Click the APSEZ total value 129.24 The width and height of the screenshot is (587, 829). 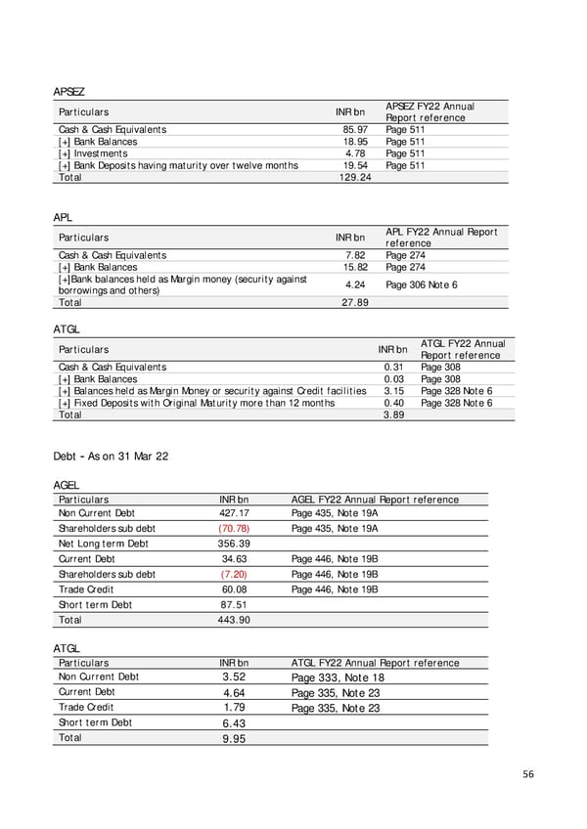click(352, 178)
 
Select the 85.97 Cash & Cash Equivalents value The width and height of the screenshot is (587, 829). click(354, 129)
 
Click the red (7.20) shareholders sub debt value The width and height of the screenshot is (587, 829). click(236, 574)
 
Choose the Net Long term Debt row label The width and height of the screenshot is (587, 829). click(103, 544)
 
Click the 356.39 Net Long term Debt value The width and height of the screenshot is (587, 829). click(235, 544)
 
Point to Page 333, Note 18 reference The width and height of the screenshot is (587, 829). click(338, 676)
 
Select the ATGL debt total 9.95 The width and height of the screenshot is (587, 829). click(233, 739)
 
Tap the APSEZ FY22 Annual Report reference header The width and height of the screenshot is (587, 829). click(429, 111)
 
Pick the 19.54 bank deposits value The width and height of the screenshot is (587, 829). click(354, 165)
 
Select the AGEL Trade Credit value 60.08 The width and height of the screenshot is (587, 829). click(235, 589)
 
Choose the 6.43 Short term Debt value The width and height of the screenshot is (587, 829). click(233, 723)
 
